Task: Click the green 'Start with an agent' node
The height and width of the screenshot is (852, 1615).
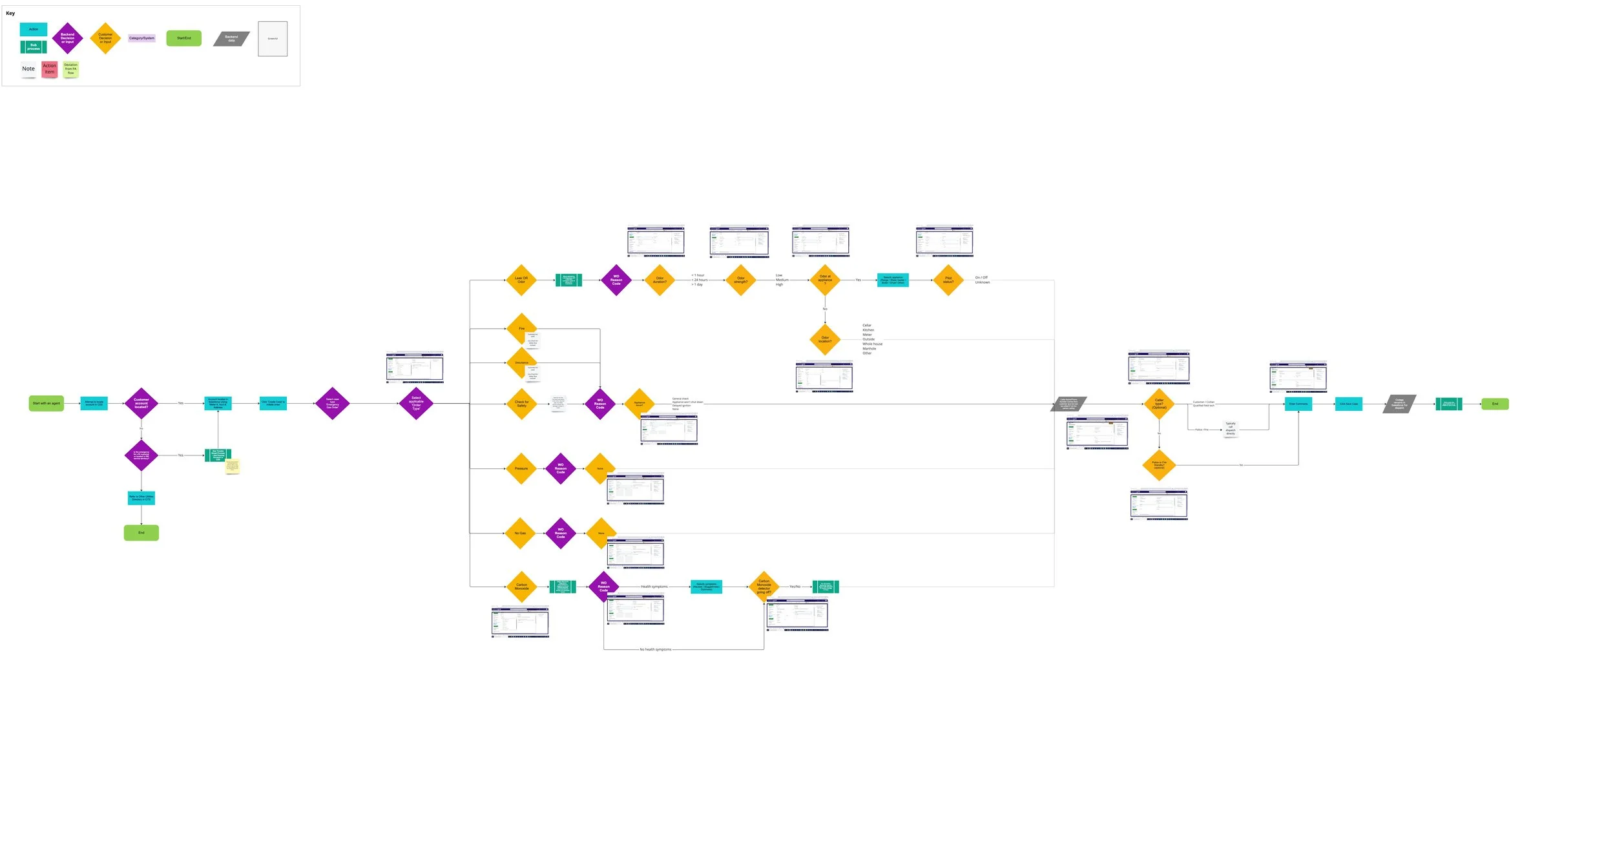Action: pos(47,403)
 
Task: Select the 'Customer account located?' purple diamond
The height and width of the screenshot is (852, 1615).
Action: pos(141,403)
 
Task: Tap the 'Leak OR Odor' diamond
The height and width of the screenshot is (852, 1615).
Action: pos(521,280)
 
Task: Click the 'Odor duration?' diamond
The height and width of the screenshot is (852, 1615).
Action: pos(660,280)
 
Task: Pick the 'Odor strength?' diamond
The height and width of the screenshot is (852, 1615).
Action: pos(740,280)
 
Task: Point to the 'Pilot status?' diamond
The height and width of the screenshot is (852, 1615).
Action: pos(948,280)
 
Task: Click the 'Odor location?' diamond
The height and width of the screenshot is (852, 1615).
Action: pos(825,339)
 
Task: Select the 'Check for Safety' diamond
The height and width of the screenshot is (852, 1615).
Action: pos(521,404)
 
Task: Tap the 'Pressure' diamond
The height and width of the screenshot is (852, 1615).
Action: pos(521,468)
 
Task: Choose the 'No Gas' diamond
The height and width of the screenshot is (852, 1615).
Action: pos(520,533)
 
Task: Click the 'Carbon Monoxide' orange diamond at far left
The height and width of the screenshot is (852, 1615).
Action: pos(521,587)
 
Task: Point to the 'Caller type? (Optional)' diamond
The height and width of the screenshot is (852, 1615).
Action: pos(1159,404)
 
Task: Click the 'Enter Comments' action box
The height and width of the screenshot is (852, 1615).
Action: pos(1298,404)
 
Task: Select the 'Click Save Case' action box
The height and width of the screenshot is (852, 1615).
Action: pos(1348,404)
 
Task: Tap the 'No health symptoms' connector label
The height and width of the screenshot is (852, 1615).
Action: pos(655,649)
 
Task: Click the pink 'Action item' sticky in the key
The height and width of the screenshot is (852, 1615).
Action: pos(50,69)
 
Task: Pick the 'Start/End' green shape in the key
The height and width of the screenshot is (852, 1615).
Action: pos(183,38)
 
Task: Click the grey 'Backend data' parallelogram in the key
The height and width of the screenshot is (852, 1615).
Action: pos(231,39)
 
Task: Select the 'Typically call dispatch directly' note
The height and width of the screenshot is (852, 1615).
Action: pos(1230,428)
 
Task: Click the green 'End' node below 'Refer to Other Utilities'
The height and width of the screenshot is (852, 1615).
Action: pos(141,532)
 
